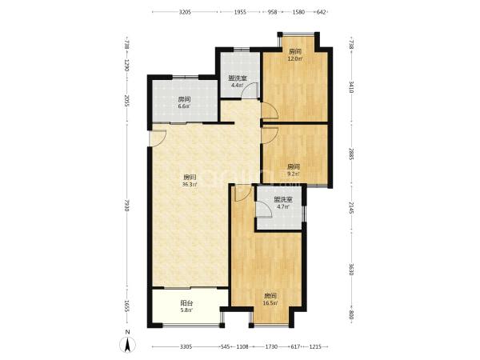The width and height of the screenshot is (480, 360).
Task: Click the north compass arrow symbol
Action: pyautogui.click(x=128, y=345)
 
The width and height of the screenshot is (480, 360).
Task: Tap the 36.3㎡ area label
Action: pyautogui.click(x=190, y=185)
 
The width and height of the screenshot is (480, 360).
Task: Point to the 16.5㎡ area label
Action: pyautogui.click(x=270, y=303)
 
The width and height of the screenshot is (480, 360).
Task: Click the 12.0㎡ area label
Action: pyautogui.click(x=295, y=58)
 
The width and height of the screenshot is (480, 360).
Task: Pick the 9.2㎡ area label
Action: pyautogui.click(x=294, y=174)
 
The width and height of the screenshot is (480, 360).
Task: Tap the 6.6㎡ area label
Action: pyautogui.click(x=184, y=106)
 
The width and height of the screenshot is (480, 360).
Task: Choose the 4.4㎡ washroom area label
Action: pyautogui.click(x=238, y=85)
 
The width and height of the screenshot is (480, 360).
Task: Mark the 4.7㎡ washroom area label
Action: pyautogui.click(x=283, y=206)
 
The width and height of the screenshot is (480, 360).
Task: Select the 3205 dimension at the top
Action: pyautogui.click(x=185, y=12)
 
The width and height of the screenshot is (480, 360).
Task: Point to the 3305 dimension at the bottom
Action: pyautogui.click(x=186, y=347)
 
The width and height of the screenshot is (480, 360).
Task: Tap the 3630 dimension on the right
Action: pyautogui.click(x=351, y=270)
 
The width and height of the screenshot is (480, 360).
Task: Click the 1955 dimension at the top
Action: pyautogui.click(x=240, y=12)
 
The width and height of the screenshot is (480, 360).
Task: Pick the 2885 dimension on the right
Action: pyautogui.click(x=351, y=154)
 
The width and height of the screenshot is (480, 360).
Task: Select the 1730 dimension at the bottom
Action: pyautogui.click(x=271, y=347)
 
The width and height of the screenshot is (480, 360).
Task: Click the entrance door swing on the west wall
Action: pyautogui.click(x=158, y=138)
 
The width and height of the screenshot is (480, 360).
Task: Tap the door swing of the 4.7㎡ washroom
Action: pyautogui.click(x=264, y=210)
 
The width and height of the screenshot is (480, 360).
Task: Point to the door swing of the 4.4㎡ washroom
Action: pyautogui.click(x=250, y=90)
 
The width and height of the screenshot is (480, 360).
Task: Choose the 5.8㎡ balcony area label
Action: pyautogui.click(x=186, y=310)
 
